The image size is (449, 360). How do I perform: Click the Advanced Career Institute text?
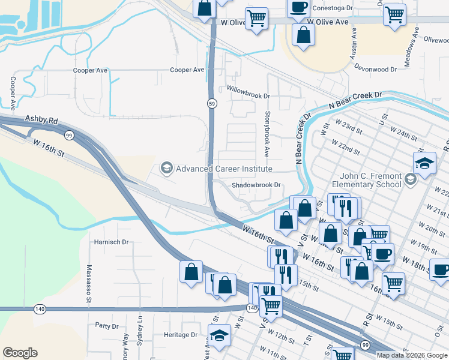pos(224,169)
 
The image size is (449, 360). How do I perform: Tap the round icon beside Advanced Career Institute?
pos(166,169)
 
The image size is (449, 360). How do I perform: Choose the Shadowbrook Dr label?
pos(256,185)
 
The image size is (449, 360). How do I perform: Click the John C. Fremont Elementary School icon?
pos(410,178)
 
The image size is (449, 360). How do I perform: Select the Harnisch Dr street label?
pos(111,242)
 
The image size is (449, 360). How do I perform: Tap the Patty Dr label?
pos(106,326)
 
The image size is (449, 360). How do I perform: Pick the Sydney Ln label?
pos(140,329)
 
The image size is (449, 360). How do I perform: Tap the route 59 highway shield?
pos(212,104)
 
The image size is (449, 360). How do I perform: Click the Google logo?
pos(20,353)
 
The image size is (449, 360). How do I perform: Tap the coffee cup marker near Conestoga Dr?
pos(298,7)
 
